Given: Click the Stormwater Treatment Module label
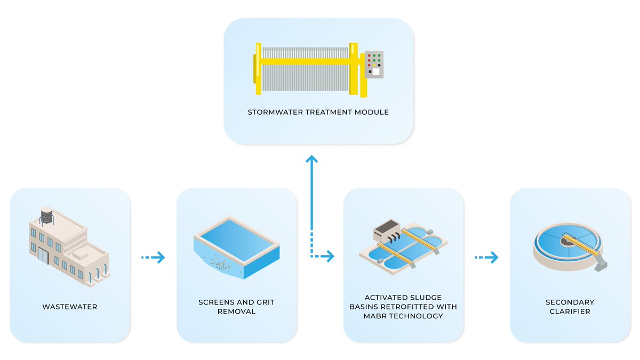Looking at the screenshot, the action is coord(318,113).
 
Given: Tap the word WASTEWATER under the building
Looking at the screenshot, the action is coord(70,307).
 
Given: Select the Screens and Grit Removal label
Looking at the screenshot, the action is coord(236,307).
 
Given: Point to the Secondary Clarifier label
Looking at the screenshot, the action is coord(570,307).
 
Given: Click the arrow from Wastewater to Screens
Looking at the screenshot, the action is coord(153,258).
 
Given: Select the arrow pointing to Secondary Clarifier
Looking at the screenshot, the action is coord(486,258).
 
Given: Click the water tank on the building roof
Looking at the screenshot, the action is coord(48,216).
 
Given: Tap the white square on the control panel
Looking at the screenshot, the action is coord(375,71).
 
